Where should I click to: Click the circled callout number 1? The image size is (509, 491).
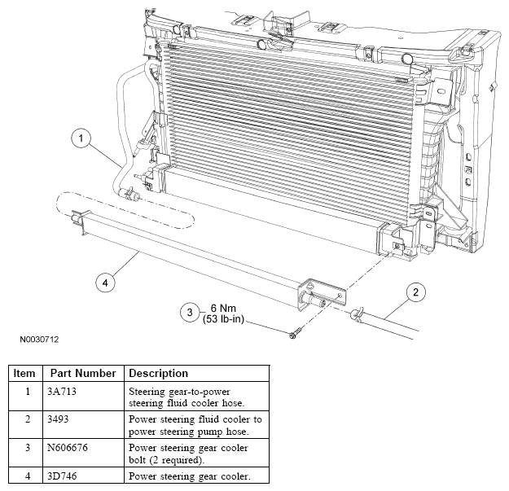(81, 138)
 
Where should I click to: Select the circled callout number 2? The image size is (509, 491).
(416, 292)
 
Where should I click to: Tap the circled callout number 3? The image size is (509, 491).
(190, 312)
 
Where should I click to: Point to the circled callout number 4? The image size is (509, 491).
(105, 283)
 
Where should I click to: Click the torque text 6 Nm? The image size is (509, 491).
(223, 308)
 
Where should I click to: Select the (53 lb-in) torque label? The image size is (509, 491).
(223, 318)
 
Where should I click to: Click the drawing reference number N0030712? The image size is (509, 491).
(39, 340)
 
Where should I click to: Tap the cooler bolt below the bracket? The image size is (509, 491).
(295, 333)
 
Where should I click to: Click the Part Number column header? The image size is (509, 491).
(83, 373)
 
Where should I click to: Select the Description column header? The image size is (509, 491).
(159, 373)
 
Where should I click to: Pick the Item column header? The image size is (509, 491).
(24, 373)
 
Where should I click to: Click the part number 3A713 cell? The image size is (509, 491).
(62, 392)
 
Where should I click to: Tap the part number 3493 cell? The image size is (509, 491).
(58, 419)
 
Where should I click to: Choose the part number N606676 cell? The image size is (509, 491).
(68, 448)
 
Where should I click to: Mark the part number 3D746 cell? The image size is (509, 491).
(62, 476)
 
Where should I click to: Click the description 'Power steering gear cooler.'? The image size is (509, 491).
(190, 476)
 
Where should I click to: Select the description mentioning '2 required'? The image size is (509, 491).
(188, 454)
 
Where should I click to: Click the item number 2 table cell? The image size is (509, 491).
(28, 419)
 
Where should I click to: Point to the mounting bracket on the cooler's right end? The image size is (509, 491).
(323, 294)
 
